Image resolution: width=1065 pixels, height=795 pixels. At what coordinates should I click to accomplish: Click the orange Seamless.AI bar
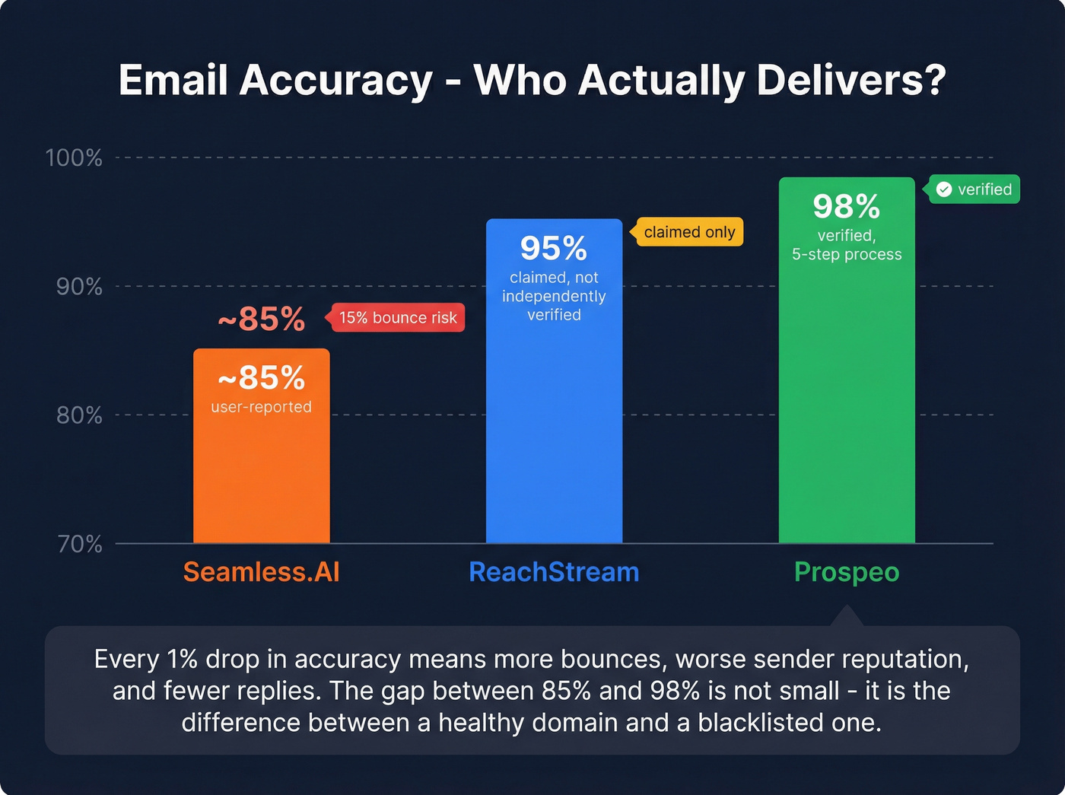point(261,472)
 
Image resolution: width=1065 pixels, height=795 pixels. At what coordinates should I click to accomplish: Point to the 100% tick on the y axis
point(74,157)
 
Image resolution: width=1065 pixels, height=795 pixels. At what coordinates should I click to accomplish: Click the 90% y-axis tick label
point(78,287)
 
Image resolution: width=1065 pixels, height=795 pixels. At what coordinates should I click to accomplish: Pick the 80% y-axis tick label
point(78,415)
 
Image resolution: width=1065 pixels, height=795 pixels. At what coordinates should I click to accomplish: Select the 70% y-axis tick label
point(79,544)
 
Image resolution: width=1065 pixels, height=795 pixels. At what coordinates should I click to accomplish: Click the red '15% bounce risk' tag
point(397,318)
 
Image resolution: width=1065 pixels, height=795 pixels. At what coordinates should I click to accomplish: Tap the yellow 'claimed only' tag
point(688,232)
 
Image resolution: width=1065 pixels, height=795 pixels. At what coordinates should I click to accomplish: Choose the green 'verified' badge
point(975,189)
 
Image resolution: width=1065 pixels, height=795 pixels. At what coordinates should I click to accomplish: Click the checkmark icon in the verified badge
point(944,189)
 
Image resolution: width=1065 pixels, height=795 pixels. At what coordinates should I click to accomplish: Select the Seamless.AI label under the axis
point(261,572)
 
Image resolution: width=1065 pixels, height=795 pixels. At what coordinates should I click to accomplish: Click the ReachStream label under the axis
point(554,572)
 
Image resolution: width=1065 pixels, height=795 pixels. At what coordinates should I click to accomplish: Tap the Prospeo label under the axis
point(846,572)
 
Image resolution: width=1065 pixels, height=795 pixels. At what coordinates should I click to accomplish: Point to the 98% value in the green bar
point(846,207)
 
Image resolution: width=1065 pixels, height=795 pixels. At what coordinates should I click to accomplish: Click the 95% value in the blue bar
point(554,249)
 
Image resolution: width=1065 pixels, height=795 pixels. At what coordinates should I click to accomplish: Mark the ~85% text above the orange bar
point(261,320)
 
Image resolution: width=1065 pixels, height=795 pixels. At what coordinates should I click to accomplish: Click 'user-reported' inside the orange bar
point(261,407)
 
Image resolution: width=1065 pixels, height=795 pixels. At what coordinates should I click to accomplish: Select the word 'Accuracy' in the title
point(335,81)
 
